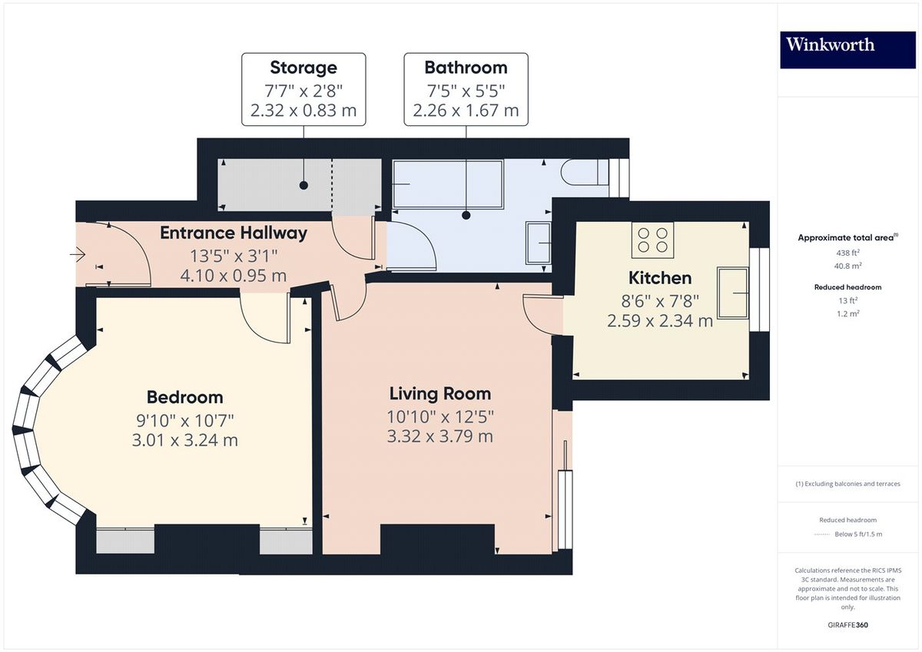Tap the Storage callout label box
point(303,89)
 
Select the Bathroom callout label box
point(466,89)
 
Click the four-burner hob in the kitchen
point(652,240)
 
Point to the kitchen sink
point(734,293)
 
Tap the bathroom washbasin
point(539,243)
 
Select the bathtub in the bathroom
point(448,184)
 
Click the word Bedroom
point(184,397)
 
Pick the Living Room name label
point(439,394)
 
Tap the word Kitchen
point(660,277)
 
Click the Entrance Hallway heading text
point(233,233)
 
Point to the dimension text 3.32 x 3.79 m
point(439,437)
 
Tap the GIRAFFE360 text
point(847,625)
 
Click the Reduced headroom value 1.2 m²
point(847,313)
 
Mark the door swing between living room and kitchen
point(540,317)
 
